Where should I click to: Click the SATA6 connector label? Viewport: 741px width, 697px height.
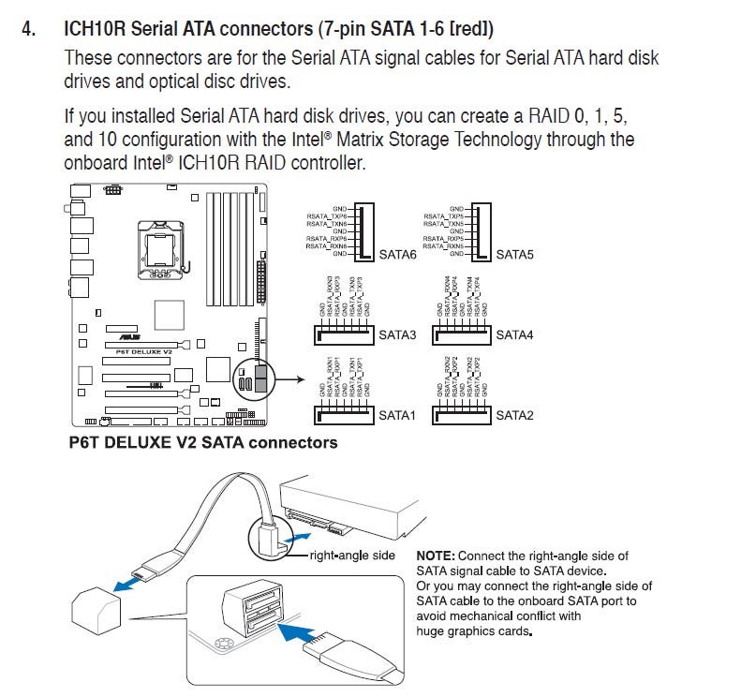pos(397,255)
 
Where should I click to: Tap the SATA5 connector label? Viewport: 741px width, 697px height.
pos(514,255)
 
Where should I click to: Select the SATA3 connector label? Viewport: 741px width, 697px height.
pos(397,334)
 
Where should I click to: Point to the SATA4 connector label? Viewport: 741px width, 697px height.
pos(514,334)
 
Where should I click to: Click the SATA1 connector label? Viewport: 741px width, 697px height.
pos(397,414)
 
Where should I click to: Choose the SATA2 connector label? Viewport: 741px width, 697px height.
pos(514,414)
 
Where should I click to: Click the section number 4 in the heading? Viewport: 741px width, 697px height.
pos(29,28)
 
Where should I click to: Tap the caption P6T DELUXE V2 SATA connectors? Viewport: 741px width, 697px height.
pos(202,441)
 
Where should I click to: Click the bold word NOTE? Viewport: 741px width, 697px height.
pos(437,556)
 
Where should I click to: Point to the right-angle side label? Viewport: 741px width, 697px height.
pos(353,556)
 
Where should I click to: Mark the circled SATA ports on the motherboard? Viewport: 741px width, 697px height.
pos(253,379)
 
